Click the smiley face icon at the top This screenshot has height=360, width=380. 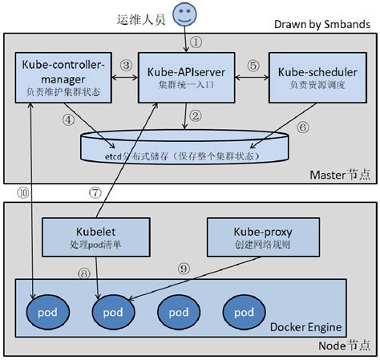point(185,14)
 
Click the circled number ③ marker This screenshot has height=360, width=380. point(125,65)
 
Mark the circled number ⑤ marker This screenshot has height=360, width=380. point(253,65)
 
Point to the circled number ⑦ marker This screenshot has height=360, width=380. point(95,193)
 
